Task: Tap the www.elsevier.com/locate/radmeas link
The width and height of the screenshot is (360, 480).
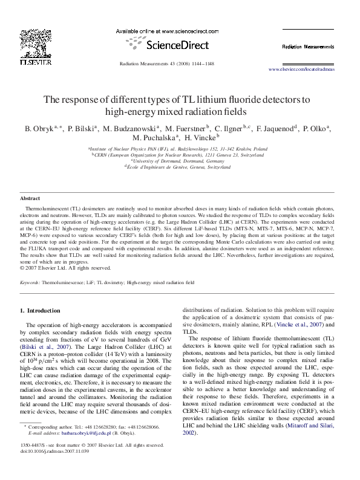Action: click(301, 70)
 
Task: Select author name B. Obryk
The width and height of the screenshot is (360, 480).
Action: click(39, 129)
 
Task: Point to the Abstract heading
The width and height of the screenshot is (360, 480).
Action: click(30, 198)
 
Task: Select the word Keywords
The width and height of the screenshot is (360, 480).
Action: click(30, 282)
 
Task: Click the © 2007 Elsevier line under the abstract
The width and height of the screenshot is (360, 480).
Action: click(57, 268)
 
